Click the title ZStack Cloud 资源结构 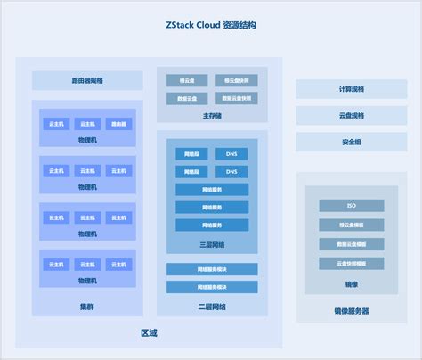point(211,26)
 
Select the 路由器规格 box point(87,80)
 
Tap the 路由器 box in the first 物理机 point(118,124)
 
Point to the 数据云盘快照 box point(237,97)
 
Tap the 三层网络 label point(212,244)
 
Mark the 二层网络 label point(212,306)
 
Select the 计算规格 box point(351,89)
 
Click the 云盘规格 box point(351,116)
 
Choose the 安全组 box point(351,142)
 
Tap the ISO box point(351,206)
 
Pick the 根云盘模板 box point(351,225)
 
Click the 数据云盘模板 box point(351,244)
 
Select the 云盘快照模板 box point(351,264)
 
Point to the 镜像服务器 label point(351,312)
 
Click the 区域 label point(149,333)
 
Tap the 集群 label point(87,307)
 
